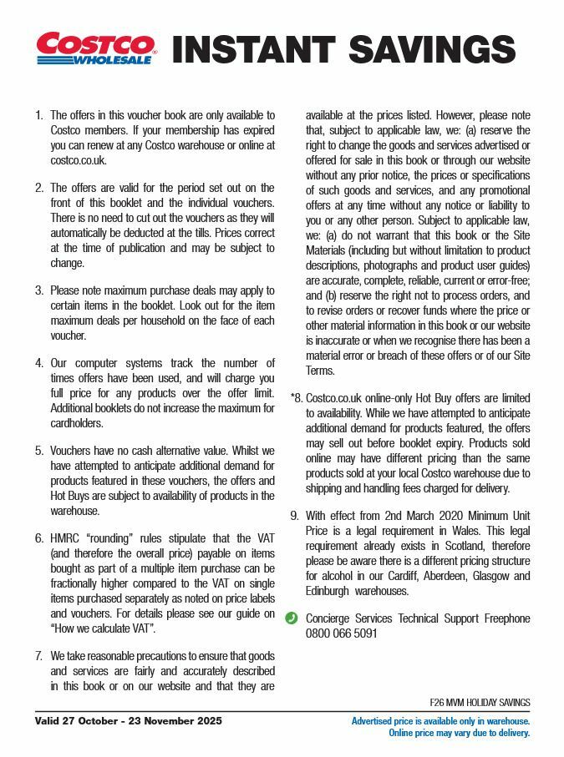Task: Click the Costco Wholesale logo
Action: tap(94, 48)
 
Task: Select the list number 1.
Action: tap(38, 116)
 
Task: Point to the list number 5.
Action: tap(38, 451)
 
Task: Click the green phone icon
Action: tap(292, 618)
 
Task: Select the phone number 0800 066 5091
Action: tap(341, 633)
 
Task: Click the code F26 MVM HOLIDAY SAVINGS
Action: tap(480, 702)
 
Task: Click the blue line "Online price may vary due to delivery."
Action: tap(459, 733)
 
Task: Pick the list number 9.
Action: tap(294, 516)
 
